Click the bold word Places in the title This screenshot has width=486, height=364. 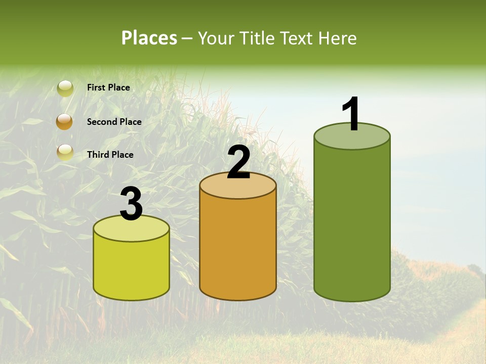click(149, 38)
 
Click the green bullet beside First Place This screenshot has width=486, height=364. click(65, 88)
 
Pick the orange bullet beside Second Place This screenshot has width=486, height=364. click(65, 122)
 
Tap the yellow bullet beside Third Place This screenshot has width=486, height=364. click(65, 152)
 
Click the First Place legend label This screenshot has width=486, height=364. click(108, 87)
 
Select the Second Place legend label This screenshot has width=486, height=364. click(114, 122)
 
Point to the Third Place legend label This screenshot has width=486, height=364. click(110, 155)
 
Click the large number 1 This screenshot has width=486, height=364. click(351, 114)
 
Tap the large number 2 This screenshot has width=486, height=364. click(239, 162)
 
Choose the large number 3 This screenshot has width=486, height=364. click(132, 204)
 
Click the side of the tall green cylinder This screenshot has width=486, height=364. click(352, 222)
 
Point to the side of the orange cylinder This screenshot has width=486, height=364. click(238, 248)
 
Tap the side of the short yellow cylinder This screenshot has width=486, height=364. click(132, 268)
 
